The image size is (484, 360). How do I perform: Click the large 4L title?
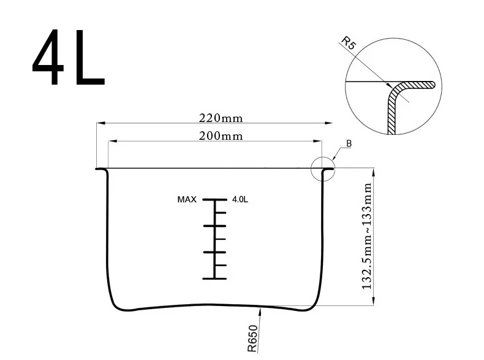[69, 58]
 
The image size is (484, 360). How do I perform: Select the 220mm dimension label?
[221, 118]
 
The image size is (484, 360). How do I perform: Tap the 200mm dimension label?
[221, 136]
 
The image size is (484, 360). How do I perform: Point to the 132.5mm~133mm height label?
[367, 236]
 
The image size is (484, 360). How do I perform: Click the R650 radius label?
[252, 339]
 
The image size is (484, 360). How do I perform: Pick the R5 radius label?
[349, 43]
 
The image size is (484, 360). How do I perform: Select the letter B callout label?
[349, 144]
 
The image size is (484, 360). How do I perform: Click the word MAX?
[187, 199]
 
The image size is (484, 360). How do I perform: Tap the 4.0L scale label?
[240, 199]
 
